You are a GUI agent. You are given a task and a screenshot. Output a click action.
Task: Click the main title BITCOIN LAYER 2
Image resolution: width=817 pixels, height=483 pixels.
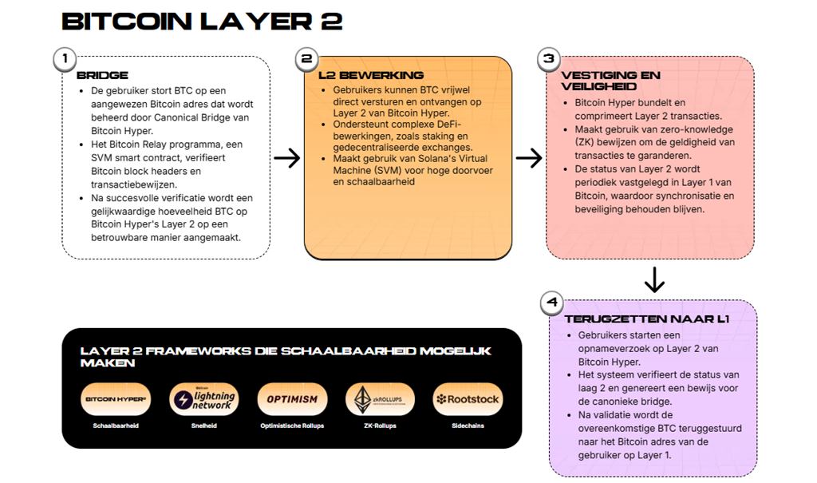point(202,21)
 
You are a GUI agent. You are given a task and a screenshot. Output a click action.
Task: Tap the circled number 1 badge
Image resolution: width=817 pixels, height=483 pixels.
point(65,58)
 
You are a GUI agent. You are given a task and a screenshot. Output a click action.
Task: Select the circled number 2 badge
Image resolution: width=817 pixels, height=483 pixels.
point(306,58)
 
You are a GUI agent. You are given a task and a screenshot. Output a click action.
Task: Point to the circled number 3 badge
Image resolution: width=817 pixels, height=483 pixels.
point(548,58)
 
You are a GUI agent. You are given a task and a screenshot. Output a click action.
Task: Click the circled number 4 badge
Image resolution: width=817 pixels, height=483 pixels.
point(551,303)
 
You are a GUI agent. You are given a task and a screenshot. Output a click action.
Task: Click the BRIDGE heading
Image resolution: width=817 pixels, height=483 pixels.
point(102,75)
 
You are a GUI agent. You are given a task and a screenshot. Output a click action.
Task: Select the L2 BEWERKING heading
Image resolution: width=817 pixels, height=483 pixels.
point(371,75)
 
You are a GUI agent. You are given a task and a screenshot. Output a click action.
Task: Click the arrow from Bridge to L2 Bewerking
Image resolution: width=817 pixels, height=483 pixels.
point(286,158)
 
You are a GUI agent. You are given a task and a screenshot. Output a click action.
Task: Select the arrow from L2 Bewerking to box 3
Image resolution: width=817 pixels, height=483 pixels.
point(528,158)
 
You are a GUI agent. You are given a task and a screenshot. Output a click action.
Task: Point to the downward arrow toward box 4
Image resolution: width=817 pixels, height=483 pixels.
point(653,279)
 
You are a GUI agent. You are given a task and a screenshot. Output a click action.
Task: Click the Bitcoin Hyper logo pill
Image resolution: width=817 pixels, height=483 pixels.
point(116,399)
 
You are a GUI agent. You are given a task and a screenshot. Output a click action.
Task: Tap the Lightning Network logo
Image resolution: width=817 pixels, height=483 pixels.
point(204,399)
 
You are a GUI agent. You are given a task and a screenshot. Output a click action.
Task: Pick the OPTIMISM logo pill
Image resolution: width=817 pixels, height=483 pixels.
point(292,399)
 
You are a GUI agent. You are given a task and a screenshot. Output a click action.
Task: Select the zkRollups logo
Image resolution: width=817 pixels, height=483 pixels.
point(380,399)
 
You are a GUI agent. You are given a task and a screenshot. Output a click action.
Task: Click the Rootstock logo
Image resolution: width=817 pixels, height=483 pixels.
point(468,399)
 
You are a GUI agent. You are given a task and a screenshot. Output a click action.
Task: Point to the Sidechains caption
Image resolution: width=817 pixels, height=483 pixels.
point(468,426)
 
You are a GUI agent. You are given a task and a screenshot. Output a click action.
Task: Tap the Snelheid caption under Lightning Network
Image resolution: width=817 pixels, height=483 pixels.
point(204,426)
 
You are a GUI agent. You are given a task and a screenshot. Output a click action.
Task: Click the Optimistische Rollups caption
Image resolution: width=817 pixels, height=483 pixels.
point(292,426)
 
